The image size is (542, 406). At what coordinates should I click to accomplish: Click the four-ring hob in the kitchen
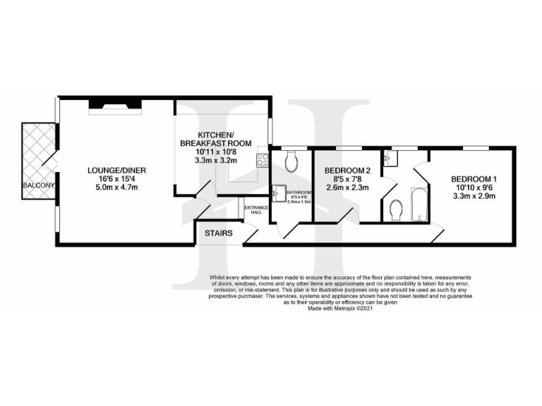click(x=263, y=160)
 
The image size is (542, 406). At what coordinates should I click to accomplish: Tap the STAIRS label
click(x=218, y=233)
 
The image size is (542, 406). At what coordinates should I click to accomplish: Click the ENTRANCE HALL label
click(x=253, y=209)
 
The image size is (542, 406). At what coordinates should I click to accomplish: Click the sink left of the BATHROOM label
click(x=279, y=191)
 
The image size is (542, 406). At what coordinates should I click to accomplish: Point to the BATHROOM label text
click(x=299, y=192)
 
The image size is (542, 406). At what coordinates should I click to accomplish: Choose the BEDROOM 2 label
click(x=347, y=171)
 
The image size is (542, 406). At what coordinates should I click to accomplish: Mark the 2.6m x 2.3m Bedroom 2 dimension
click(x=347, y=188)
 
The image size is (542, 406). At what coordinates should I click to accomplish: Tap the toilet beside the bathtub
click(x=395, y=209)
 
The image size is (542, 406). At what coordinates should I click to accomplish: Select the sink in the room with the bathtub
click(x=390, y=160)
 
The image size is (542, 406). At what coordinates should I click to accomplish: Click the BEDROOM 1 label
click(x=474, y=179)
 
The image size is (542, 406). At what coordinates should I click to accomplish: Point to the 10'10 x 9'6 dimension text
click(x=474, y=187)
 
